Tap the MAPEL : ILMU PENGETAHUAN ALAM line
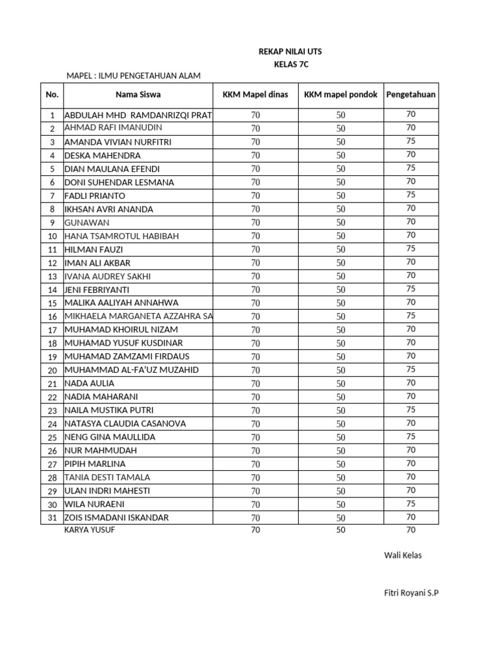(x=134, y=76)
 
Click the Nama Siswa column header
(x=138, y=95)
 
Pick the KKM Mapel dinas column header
(x=255, y=95)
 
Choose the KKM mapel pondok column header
(x=340, y=95)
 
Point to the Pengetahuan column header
(x=411, y=95)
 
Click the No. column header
(x=52, y=95)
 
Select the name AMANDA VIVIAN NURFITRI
(x=118, y=142)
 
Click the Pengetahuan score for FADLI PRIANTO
(x=411, y=195)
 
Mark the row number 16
(x=52, y=316)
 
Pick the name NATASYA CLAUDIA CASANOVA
(x=125, y=423)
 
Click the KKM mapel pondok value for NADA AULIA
(x=340, y=384)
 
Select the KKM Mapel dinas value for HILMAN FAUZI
(x=255, y=249)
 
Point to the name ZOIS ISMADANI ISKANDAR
(x=116, y=518)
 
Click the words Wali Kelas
(x=403, y=555)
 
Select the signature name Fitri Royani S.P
(x=412, y=593)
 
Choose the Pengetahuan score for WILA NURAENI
(x=411, y=504)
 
